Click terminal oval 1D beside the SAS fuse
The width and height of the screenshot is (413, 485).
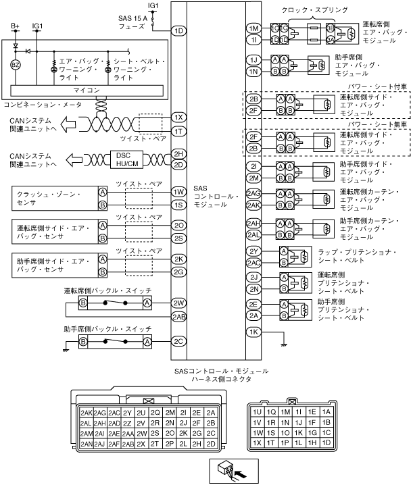coord(178,30)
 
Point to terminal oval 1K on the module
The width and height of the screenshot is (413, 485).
coord(253,332)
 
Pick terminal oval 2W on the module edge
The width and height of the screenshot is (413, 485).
coord(178,303)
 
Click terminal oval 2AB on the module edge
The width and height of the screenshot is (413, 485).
coord(178,316)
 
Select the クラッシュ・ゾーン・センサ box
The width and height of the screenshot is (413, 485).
coord(53,198)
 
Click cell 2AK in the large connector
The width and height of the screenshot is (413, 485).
coord(86,412)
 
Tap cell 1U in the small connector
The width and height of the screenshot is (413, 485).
coord(256,411)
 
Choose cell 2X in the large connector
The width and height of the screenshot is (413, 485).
coord(142,444)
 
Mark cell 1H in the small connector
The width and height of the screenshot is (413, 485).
coord(312,443)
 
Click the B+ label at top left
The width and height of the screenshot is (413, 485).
coord(15,25)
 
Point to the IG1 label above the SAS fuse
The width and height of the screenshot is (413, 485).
coord(153,5)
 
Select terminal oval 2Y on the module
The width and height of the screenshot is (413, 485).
coord(253,251)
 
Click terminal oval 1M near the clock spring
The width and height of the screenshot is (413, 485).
coord(253,29)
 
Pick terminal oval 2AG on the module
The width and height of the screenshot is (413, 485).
coord(253,193)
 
